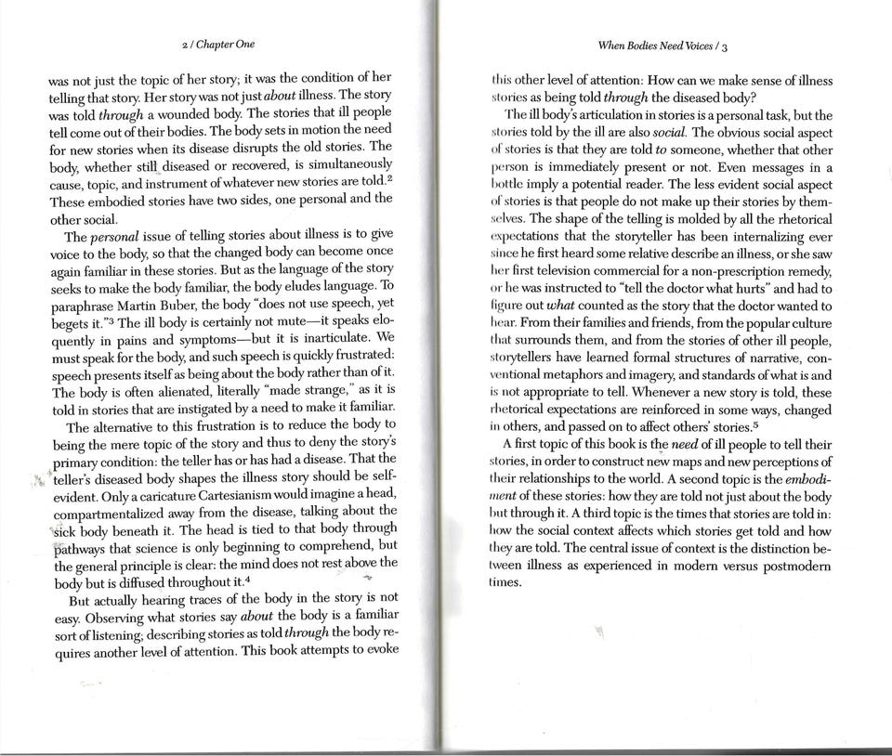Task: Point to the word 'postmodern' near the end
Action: point(793,566)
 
